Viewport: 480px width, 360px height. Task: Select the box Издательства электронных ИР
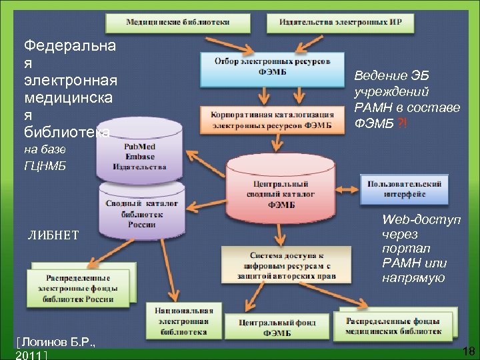(x=340, y=22)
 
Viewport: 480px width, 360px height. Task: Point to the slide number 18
(x=467, y=351)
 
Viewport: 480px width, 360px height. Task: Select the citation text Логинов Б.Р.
(x=59, y=343)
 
